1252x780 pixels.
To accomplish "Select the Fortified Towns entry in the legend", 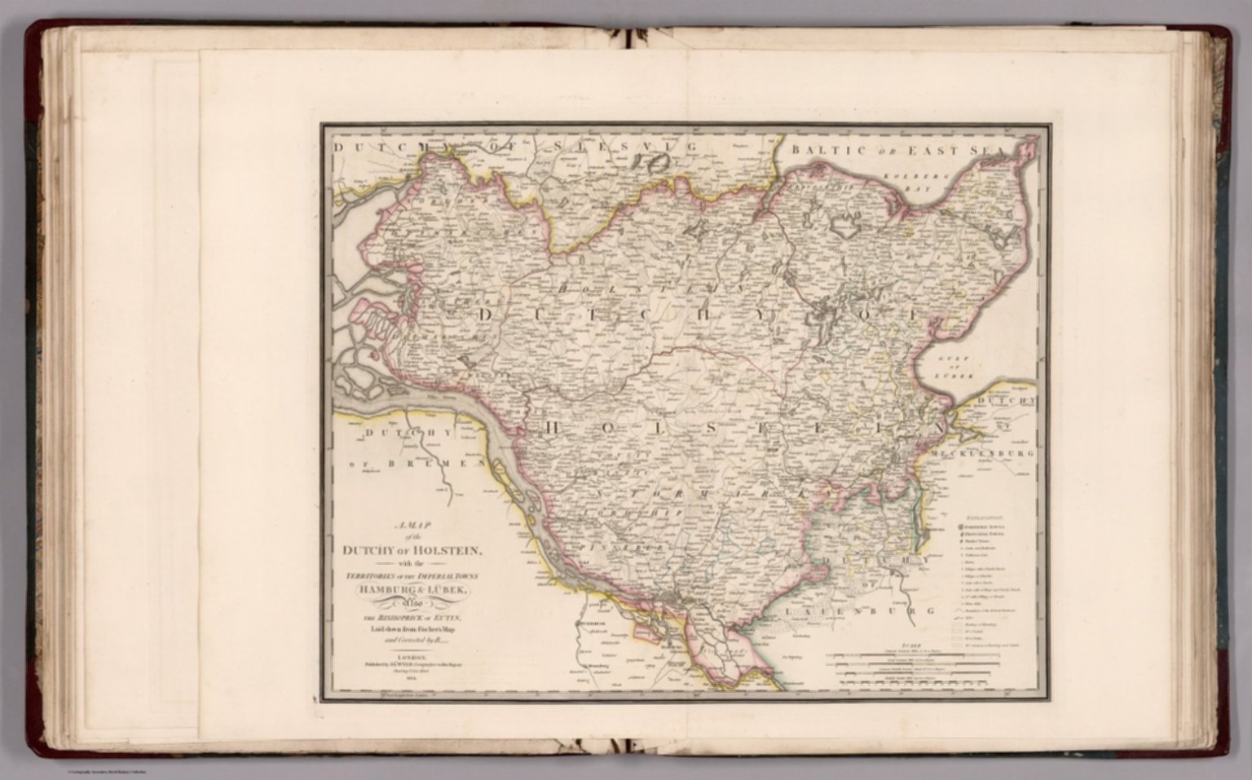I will (983, 527).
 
